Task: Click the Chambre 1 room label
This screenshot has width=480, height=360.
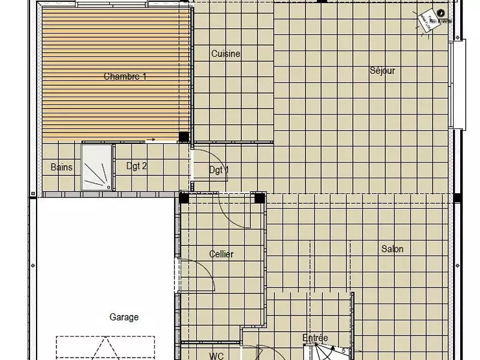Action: (x=125, y=77)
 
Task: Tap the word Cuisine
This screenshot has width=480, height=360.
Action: (x=226, y=54)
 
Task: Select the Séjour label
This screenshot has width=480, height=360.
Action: (x=382, y=71)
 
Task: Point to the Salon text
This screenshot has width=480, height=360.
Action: (x=392, y=249)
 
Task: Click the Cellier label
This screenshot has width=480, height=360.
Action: (x=221, y=254)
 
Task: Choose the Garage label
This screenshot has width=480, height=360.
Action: (x=124, y=317)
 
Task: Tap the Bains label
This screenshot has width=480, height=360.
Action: (x=61, y=167)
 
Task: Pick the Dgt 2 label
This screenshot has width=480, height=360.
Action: (x=136, y=166)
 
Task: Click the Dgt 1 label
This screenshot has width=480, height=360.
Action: (x=218, y=170)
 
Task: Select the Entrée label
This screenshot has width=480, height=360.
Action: (x=315, y=338)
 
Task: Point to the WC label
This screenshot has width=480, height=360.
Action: (x=216, y=356)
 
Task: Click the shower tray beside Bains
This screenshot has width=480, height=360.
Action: (x=97, y=166)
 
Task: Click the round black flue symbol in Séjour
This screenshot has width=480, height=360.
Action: (x=441, y=13)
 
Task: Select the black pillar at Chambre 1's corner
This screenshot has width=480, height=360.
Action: (x=184, y=137)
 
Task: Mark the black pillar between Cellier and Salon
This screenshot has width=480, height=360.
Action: (x=259, y=199)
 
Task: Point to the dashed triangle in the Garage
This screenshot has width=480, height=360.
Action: (x=106, y=348)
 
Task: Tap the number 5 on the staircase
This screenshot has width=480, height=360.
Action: (x=343, y=349)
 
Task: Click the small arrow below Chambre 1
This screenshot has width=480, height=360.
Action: (x=151, y=140)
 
